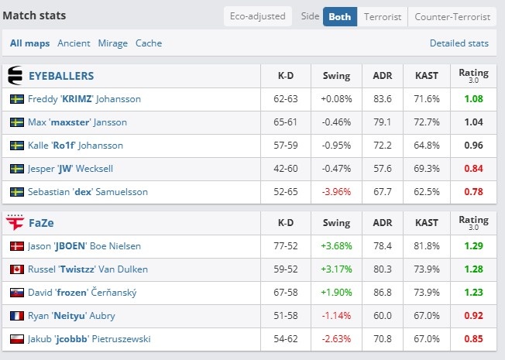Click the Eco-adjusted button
point(258,16)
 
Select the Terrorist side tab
point(383,17)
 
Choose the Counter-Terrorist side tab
point(452,17)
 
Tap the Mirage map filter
point(113,43)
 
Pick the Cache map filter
point(149,43)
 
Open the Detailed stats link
point(459,43)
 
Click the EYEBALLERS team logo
point(15,76)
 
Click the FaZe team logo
point(15,222)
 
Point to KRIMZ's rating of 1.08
point(473,99)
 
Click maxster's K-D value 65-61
point(285,122)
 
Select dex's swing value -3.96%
point(336,192)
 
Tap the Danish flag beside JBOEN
point(17,246)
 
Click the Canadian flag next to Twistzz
point(17,269)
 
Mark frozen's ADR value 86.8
point(383,293)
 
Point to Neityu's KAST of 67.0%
point(427,316)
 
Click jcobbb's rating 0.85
point(473,339)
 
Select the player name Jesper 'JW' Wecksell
point(70,169)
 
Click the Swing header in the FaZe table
point(336,223)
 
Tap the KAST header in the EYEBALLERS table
point(427,76)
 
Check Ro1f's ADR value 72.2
point(383,146)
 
